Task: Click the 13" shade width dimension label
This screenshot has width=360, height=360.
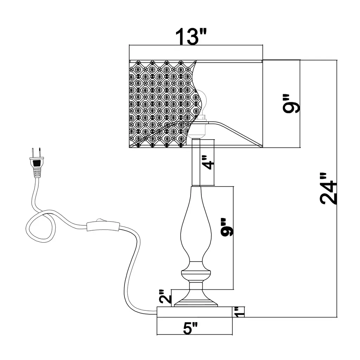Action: (190, 36)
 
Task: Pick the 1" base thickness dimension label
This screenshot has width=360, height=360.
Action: (240, 311)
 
